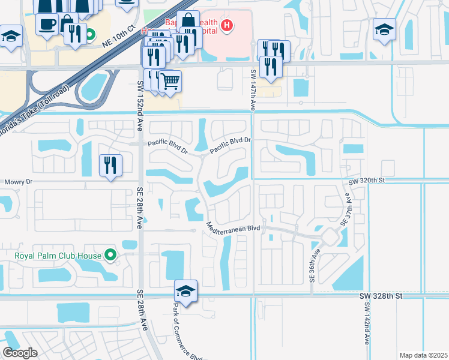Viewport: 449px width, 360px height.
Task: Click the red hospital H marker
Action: [227, 25]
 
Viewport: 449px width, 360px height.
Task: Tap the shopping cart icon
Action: [170, 80]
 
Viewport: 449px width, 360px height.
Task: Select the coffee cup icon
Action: [47, 25]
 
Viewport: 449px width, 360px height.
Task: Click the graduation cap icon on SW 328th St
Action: [186, 292]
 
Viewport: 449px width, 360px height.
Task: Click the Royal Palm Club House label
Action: [58, 256]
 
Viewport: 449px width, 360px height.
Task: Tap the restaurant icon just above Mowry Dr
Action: [110, 165]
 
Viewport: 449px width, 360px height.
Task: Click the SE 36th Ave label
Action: [312, 266]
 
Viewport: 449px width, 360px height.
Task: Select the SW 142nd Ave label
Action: [366, 323]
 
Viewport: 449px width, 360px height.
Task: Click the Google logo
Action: [20, 353]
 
